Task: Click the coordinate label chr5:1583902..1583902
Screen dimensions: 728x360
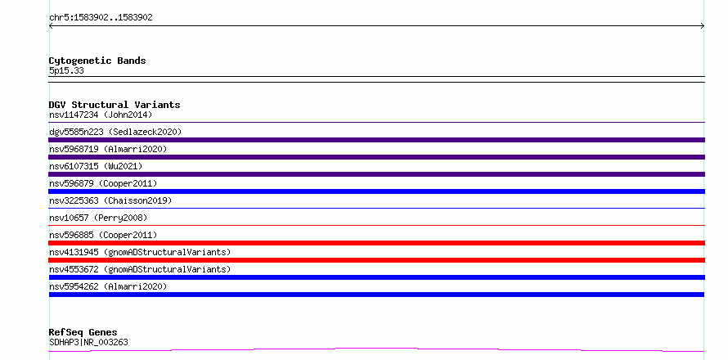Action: click(101, 18)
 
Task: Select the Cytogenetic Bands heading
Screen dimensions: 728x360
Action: click(97, 61)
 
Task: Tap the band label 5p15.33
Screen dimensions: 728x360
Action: click(66, 71)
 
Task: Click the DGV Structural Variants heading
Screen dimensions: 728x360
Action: click(115, 105)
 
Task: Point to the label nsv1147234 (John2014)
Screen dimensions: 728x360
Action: click(101, 115)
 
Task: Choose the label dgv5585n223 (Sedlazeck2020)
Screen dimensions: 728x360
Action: click(115, 132)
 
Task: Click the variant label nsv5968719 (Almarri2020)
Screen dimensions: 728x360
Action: click(108, 149)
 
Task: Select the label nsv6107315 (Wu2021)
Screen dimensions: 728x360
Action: click(96, 166)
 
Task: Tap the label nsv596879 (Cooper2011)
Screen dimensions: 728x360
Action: click(103, 183)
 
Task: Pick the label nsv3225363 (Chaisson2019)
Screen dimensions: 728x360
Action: click(110, 200)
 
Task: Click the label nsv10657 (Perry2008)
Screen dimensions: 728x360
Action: click(98, 218)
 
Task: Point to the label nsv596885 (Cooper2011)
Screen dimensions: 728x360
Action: click(103, 235)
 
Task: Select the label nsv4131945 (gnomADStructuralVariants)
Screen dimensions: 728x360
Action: click(140, 252)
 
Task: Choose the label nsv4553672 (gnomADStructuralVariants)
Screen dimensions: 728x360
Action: click(140, 269)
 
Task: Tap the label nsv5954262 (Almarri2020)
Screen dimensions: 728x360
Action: click(108, 286)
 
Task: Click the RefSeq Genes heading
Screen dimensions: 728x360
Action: click(83, 332)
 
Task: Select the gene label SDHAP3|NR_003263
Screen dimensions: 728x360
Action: click(88, 343)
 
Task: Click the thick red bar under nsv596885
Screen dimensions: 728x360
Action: click(376, 243)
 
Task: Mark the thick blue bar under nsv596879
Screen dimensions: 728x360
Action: click(376, 191)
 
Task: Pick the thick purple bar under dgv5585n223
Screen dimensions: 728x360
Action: click(376, 140)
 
